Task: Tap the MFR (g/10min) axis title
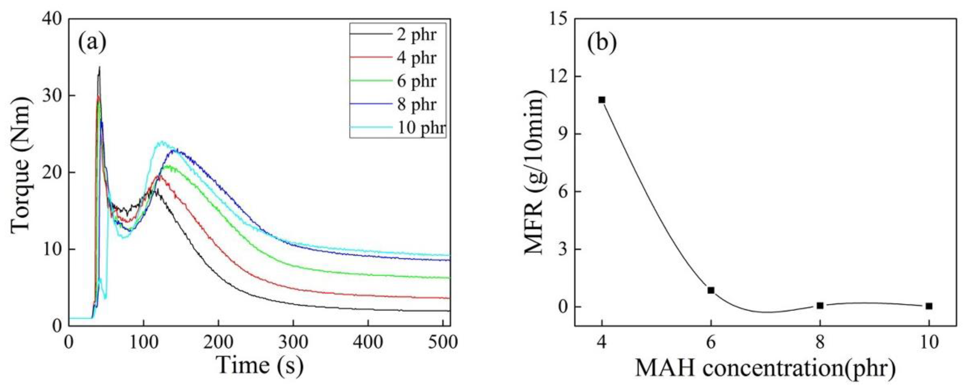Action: [x=535, y=172]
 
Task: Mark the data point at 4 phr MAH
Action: [x=602, y=100]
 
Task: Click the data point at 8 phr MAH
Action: [x=820, y=305]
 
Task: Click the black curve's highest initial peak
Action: [x=100, y=67]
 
